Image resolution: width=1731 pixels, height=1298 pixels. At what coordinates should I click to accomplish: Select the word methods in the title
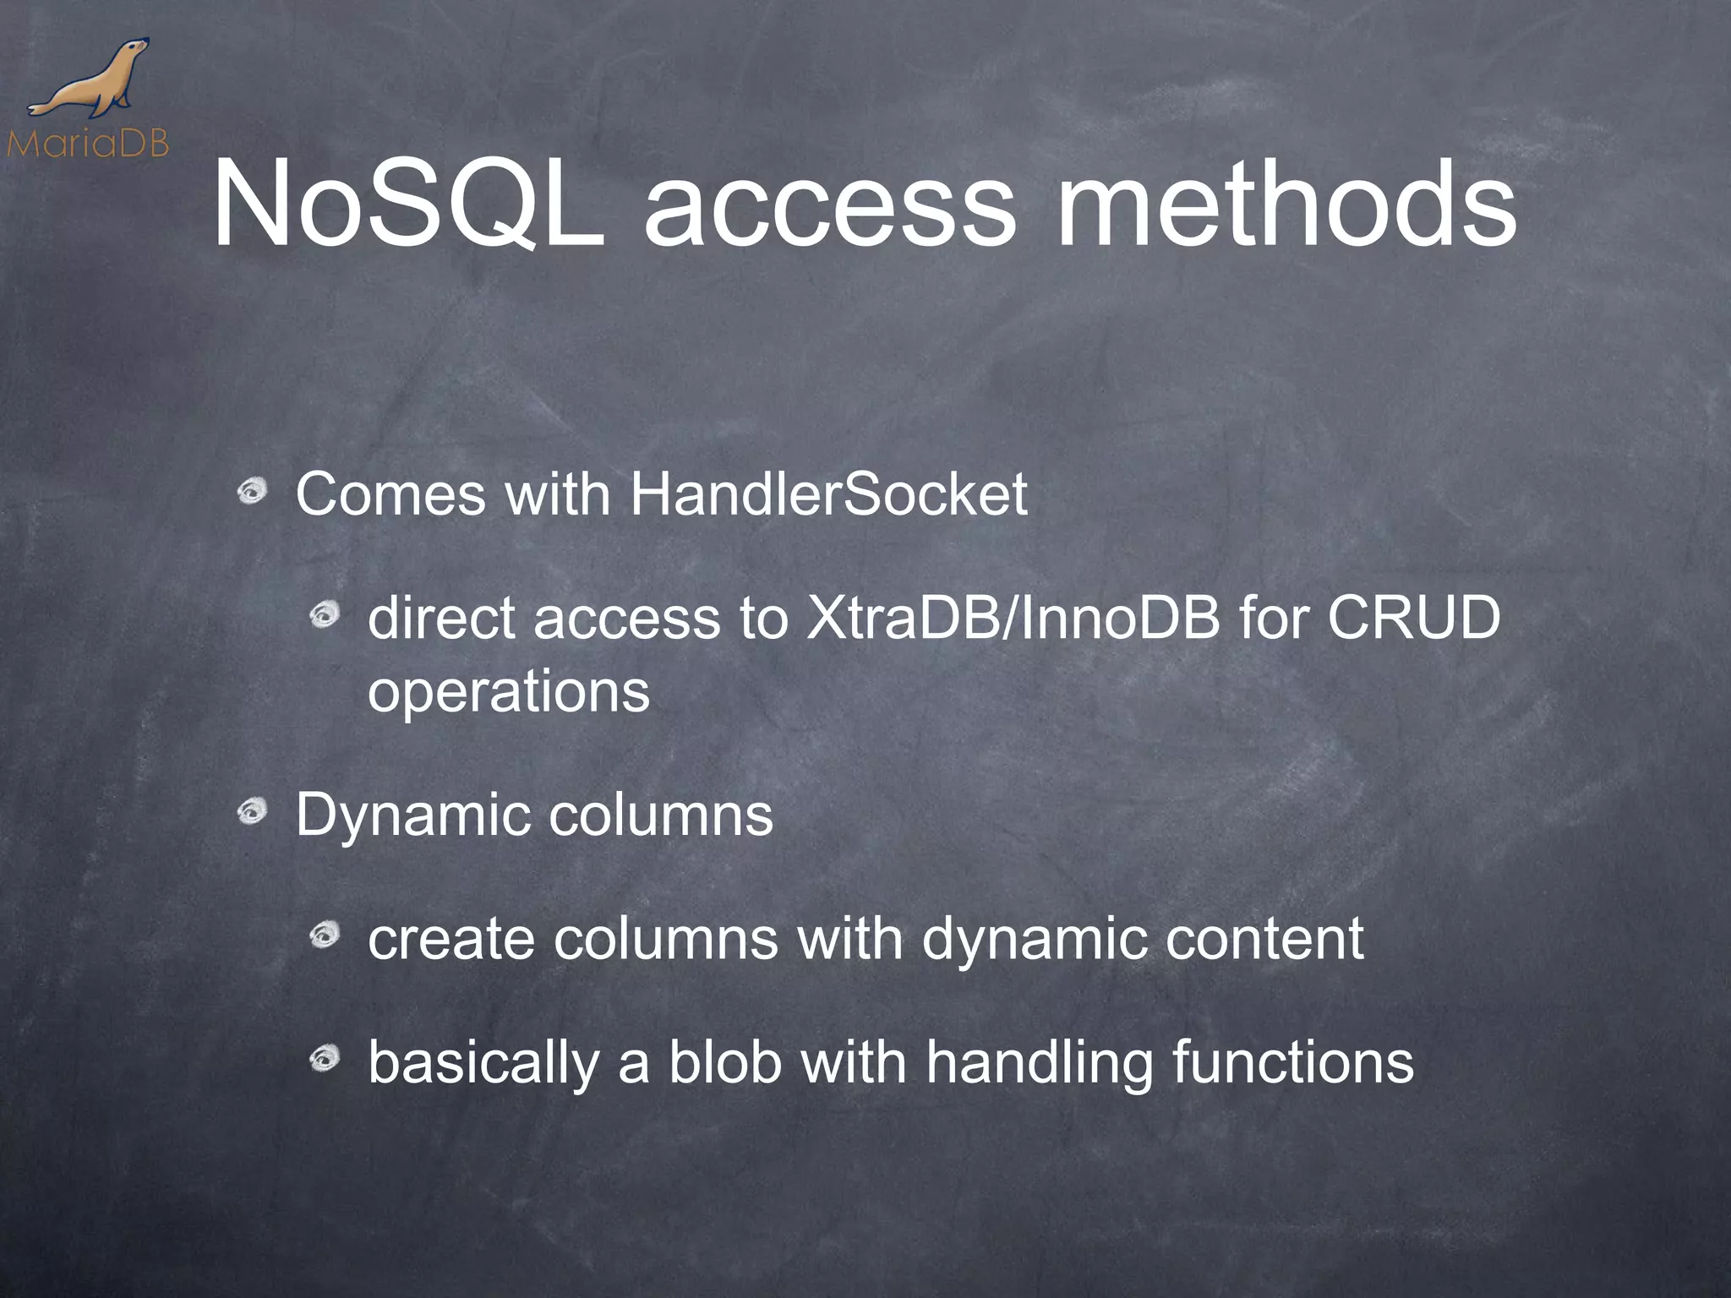tap(1286, 206)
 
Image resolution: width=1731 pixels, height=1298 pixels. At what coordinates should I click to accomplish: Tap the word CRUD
tap(1413, 618)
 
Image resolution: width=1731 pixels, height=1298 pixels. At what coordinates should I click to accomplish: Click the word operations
tap(509, 693)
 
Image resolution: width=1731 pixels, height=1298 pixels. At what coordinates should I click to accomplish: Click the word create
tap(450, 939)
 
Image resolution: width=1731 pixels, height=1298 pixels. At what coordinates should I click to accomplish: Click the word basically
tap(483, 1064)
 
